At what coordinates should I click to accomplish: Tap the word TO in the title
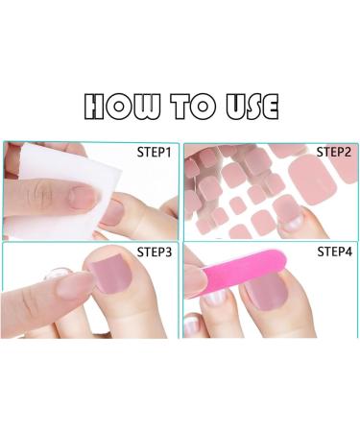click(x=191, y=105)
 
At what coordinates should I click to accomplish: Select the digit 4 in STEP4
click(x=351, y=253)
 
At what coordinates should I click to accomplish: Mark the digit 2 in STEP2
click(x=351, y=152)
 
